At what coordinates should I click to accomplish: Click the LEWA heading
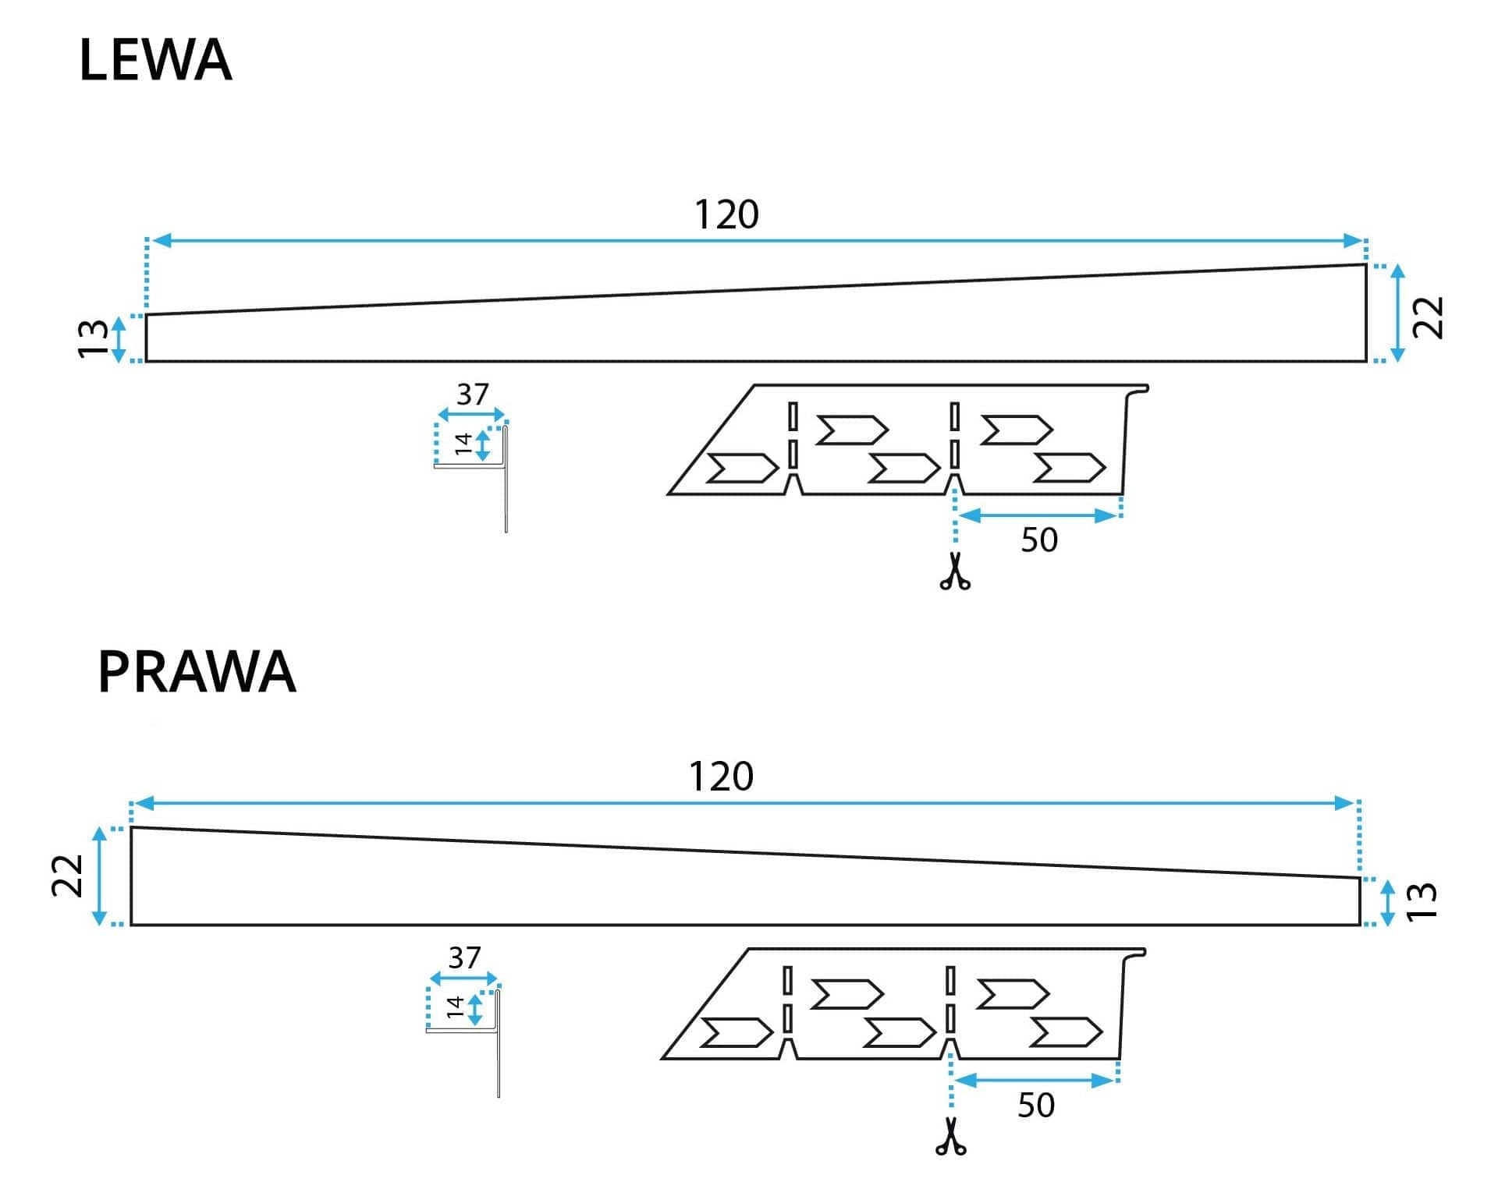pyautogui.click(x=155, y=61)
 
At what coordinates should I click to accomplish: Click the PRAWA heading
pyautogui.click(x=197, y=672)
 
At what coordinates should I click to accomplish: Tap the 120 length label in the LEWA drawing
pyautogui.click(x=726, y=214)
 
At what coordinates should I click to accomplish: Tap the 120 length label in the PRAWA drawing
pyautogui.click(x=721, y=777)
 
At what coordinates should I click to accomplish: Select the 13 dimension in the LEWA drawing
pyautogui.click(x=93, y=338)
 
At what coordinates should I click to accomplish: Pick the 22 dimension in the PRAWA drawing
pyautogui.click(x=67, y=876)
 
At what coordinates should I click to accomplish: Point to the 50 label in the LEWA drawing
pyautogui.click(x=1039, y=540)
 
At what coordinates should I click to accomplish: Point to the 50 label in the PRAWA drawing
pyautogui.click(x=1036, y=1106)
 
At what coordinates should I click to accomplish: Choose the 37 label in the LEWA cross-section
pyautogui.click(x=473, y=395)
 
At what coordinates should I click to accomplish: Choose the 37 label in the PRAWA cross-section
pyautogui.click(x=464, y=957)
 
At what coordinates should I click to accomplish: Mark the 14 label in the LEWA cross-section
pyautogui.click(x=463, y=444)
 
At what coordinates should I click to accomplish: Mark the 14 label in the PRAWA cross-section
pyautogui.click(x=456, y=1007)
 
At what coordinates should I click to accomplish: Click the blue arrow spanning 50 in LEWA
pyautogui.click(x=1038, y=515)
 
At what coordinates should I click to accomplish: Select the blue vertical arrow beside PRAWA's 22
pyautogui.click(x=99, y=876)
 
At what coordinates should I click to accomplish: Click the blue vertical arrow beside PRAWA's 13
pyautogui.click(x=1388, y=902)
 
